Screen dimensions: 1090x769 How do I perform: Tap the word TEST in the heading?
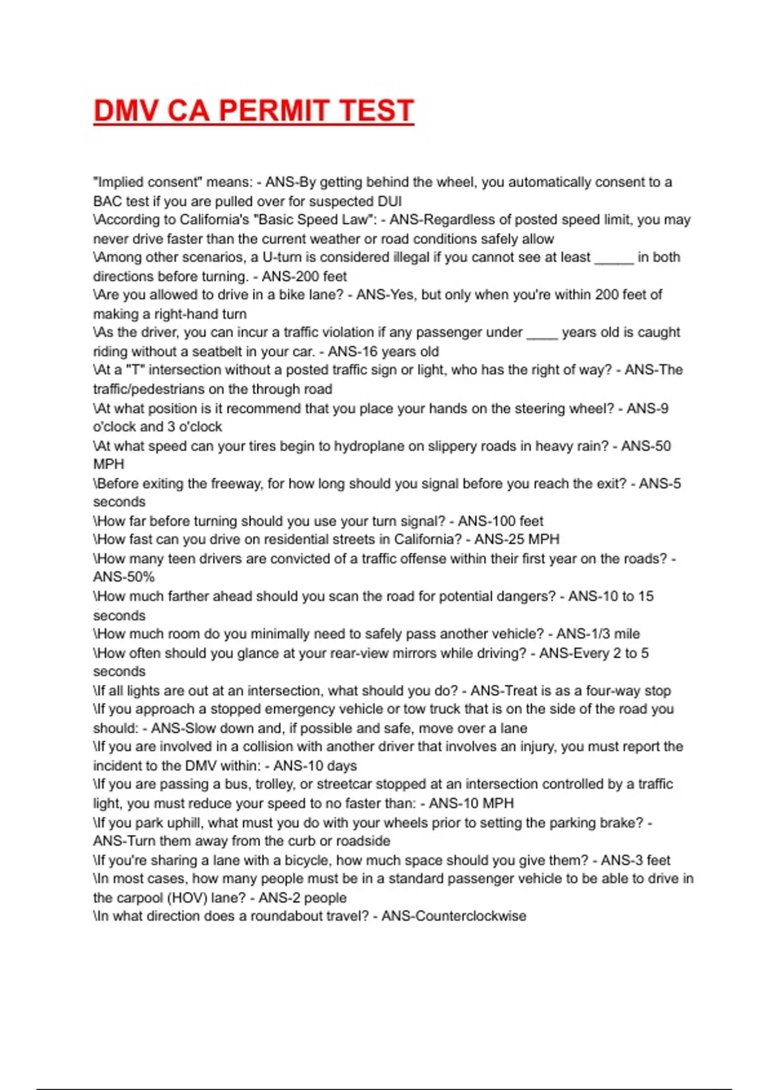(376, 110)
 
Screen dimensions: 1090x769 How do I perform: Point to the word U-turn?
(283, 257)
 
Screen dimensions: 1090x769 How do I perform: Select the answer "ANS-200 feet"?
(304, 276)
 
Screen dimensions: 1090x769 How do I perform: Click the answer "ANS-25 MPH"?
(517, 539)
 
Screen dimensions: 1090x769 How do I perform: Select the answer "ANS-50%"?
(124, 576)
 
